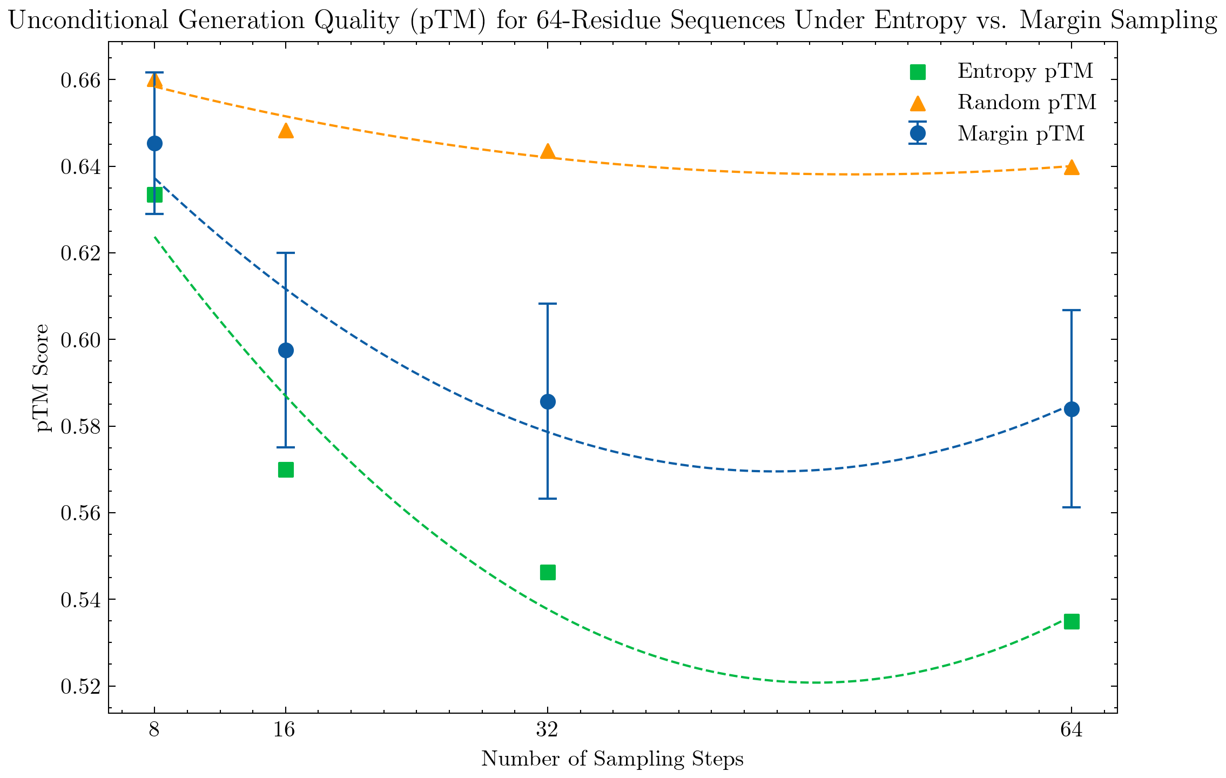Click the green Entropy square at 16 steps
click(286, 470)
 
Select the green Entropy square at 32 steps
click(548, 572)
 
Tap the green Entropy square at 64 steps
click(1072, 621)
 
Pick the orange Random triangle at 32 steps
click(548, 152)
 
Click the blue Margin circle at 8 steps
click(154, 143)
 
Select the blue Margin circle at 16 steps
click(286, 350)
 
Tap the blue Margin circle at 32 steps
click(548, 401)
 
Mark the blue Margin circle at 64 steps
click(1072, 409)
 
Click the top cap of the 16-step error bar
click(286, 253)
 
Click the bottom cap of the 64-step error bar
click(1072, 507)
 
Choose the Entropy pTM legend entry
click(1025, 71)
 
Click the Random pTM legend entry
click(1026, 103)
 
